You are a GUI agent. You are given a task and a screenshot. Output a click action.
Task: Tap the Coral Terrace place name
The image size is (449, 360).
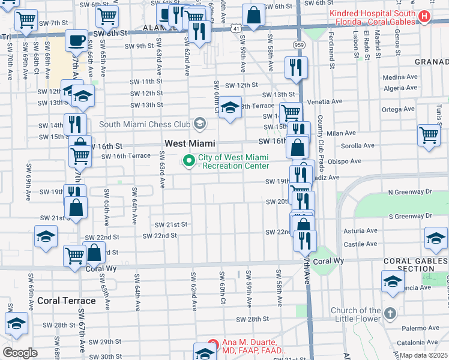[66, 301]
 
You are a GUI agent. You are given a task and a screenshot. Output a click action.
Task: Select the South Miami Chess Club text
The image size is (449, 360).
[144, 125]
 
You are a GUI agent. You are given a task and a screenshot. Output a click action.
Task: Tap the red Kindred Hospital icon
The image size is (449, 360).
[424, 16]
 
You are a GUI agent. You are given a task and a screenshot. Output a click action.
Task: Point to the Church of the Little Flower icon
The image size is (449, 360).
[390, 314]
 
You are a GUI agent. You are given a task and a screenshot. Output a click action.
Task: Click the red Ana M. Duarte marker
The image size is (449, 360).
[211, 346]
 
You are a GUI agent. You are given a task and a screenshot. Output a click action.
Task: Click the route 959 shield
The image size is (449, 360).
[298, 44]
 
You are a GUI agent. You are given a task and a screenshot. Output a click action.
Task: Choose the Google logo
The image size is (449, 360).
[20, 353]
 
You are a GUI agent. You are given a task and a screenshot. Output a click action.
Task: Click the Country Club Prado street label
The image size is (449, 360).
[321, 137]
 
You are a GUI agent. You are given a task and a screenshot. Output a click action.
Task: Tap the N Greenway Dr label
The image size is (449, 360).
[410, 192]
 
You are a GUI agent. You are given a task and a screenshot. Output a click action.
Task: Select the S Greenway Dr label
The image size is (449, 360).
[410, 216]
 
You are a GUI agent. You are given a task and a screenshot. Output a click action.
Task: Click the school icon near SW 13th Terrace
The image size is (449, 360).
[229, 107]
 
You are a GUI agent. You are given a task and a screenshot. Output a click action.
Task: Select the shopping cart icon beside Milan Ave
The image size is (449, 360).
[429, 134]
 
